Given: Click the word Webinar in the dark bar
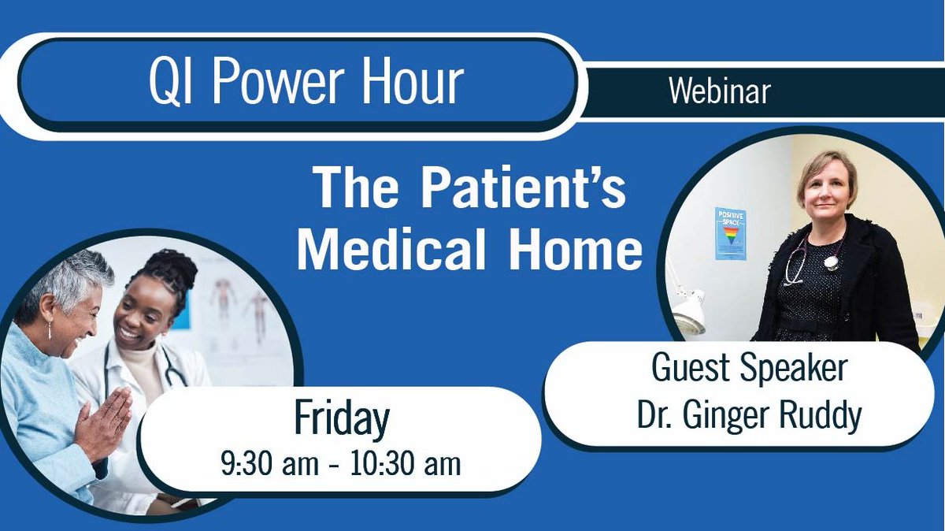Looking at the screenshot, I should point(719,92).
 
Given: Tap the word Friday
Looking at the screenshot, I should point(341,419).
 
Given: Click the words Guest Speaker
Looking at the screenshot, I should point(749,369).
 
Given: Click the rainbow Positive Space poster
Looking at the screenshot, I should point(730,233).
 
